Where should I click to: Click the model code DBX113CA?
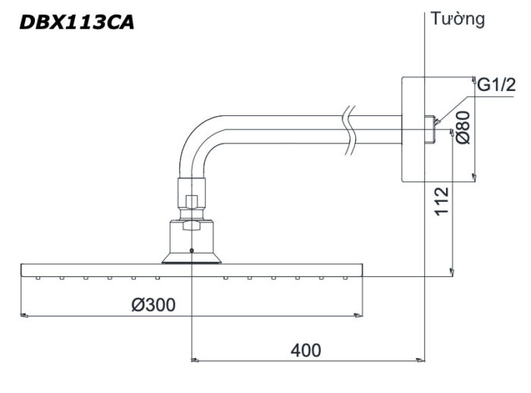coord(77,23)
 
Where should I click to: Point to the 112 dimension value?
coord(443,202)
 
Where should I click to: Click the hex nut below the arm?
coord(191,202)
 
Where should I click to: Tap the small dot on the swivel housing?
coord(191,250)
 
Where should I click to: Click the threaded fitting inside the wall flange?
coord(431,128)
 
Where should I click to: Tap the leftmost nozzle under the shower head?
coord(37,278)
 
